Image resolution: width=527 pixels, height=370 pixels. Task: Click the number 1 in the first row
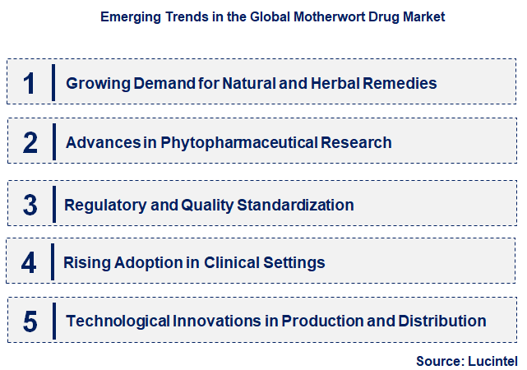point(30,82)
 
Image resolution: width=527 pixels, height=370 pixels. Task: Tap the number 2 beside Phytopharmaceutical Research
point(30,142)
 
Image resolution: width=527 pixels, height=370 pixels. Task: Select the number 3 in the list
point(30,204)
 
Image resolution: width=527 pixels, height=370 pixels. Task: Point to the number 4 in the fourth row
point(30,262)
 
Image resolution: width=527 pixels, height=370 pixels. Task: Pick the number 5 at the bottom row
point(30,321)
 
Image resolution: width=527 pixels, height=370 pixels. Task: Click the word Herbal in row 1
point(332,83)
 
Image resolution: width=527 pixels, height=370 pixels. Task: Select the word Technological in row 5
point(118,321)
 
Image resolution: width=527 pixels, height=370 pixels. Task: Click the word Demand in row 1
point(147,83)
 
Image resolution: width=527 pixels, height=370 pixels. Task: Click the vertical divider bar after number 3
point(53,204)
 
